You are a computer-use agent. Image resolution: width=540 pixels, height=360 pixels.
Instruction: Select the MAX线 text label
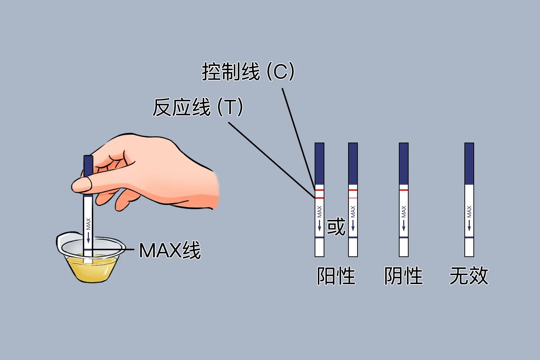pyautogui.click(x=170, y=250)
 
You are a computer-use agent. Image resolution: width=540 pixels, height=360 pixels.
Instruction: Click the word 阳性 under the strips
pyautogui.click(x=336, y=276)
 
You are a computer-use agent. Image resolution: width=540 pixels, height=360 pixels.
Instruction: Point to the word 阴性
pyautogui.click(x=403, y=276)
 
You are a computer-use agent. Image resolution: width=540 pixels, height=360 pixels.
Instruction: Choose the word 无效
pyautogui.click(x=469, y=276)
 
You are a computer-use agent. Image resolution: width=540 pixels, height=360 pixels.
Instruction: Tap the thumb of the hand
pyautogui.click(x=82, y=184)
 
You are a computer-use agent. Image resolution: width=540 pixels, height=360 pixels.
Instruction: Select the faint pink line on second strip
pyautogui.click(x=353, y=198)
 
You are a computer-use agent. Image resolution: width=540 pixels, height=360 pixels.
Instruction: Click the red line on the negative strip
pyautogui.click(x=404, y=190)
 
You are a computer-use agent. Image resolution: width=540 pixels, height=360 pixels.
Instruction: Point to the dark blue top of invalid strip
pyautogui.click(x=469, y=163)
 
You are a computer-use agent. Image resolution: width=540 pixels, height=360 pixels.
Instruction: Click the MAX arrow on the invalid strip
pyautogui.click(x=469, y=225)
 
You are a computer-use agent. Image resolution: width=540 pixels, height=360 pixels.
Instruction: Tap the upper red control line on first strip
pyautogui.click(x=319, y=190)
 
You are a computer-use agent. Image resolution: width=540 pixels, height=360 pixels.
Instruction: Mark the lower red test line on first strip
pyautogui.click(x=319, y=198)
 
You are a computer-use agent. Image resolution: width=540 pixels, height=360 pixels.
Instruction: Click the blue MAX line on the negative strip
pyautogui.click(x=404, y=238)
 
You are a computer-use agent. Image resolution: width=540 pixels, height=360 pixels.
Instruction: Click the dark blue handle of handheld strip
pyautogui.click(x=88, y=166)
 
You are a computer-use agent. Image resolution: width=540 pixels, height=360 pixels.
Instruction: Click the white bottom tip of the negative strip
pyautogui.click(x=404, y=248)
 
